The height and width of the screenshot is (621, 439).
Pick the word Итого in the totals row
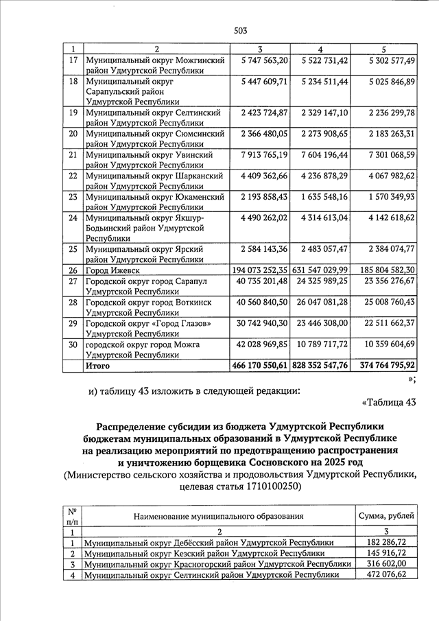point(98,366)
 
